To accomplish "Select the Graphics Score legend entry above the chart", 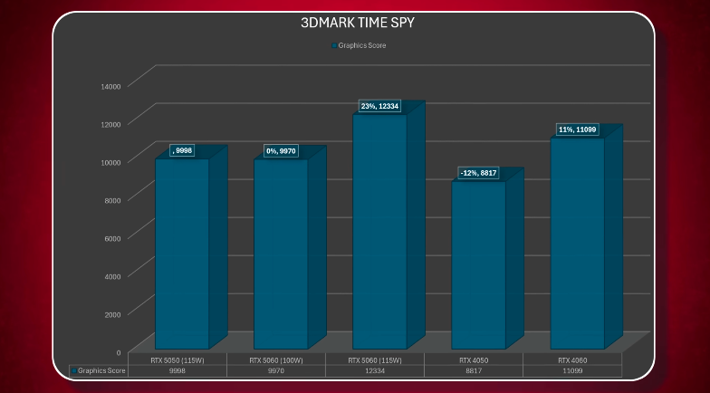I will [x=361, y=45].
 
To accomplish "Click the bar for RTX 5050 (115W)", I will [x=182, y=254].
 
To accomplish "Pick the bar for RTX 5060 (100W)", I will [x=281, y=254].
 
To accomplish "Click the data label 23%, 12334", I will [x=380, y=107].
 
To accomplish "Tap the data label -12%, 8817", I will [x=478, y=173].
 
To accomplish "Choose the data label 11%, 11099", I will [x=578, y=130].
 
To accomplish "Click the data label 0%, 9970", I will [x=281, y=150].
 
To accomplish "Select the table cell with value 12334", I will [x=375, y=370].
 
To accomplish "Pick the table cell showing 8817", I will [x=474, y=370].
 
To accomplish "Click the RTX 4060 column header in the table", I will [x=572, y=359].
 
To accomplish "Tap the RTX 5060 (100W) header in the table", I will [x=276, y=359].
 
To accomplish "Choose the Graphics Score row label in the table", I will [x=100, y=370].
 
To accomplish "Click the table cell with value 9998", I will [x=177, y=370].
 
